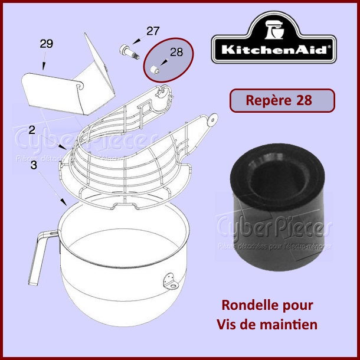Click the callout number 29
pos(47,44)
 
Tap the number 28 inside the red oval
pos(176,53)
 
